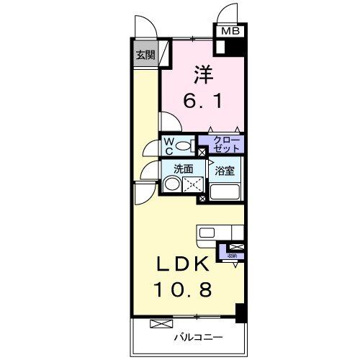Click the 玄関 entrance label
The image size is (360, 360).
click(145, 55)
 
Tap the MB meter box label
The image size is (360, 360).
click(230, 32)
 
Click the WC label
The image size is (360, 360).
click(167, 146)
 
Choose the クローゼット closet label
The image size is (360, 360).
click(224, 144)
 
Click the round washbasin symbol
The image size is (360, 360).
click(171, 185)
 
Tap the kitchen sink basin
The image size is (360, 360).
click(207, 232)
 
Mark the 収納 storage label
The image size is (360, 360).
click(232, 255)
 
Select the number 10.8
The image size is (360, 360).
click(185, 290)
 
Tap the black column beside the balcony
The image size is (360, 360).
click(241, 312)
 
